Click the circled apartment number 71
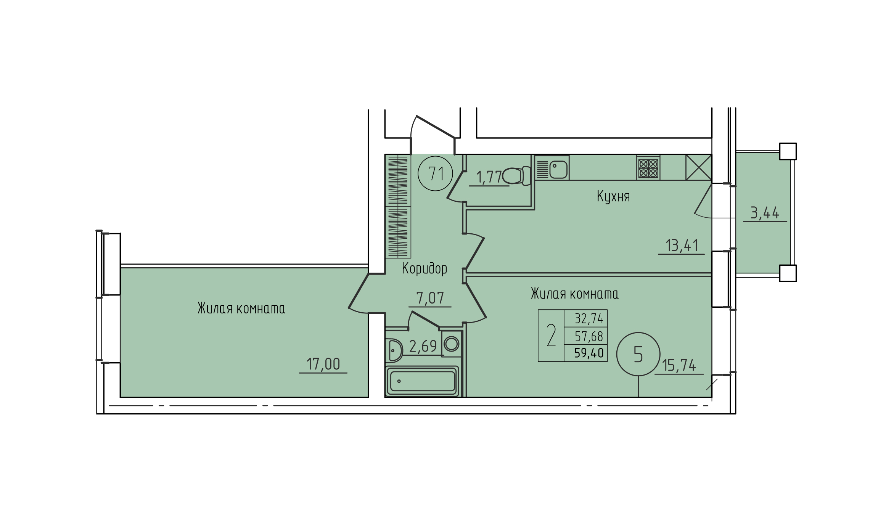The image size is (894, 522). tap(435, 173)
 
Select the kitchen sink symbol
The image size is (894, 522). tap(552, 168)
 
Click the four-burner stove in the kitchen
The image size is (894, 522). tap(648, 168)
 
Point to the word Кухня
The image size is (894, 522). tap(613, 196)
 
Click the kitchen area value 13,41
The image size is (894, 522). tap(682, 246)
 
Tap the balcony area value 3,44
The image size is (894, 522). tap(765, 213)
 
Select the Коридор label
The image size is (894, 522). tap(424, 268)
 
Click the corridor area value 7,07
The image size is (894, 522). tap(430, 298)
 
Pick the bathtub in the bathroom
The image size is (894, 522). tap(422, 381)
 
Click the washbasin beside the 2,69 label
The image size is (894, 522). tap(394, 350)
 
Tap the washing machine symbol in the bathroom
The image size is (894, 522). tap(452, 344)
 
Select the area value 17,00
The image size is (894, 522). tap(323, 364)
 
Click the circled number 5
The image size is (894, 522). tap(638, 354)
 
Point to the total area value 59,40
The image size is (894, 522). tap(589, 353)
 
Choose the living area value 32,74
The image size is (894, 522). tap(589, 318)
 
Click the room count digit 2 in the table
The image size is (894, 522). tap(551, 336)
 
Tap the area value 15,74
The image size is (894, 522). tap(679, 366)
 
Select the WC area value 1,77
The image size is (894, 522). tap(489, 177)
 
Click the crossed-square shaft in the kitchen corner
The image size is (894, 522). tap(699, 167)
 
